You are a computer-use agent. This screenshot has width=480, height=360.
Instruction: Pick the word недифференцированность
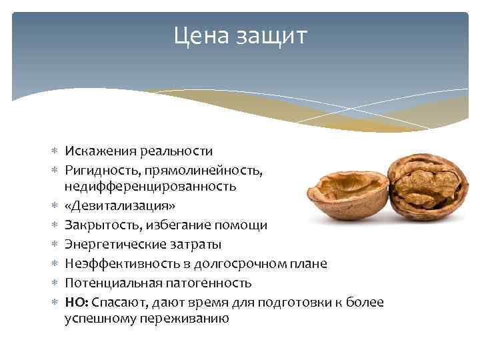150,186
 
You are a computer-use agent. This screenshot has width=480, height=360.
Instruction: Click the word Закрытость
98,225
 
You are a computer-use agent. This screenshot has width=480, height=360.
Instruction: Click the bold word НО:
75,302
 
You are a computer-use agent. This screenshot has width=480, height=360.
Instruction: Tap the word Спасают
115,302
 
